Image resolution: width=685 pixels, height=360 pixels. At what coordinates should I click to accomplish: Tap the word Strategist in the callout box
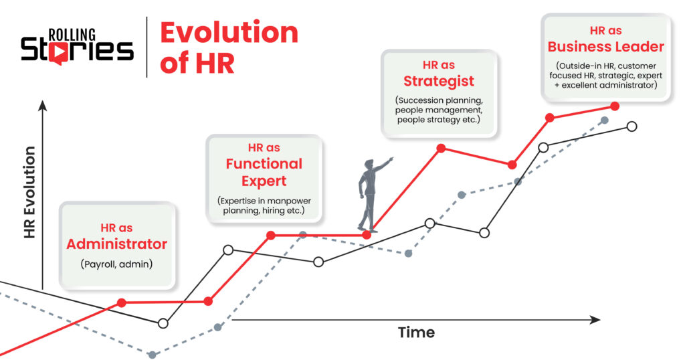tap(438, 81)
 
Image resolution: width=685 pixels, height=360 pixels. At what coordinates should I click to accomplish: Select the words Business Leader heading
tap(605, 47)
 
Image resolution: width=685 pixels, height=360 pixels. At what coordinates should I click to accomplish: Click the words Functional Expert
tap(264, 172)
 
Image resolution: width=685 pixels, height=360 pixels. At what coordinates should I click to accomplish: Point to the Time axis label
tap(416, 333)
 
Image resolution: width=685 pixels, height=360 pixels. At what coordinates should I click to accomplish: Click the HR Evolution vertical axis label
tap(29, 193)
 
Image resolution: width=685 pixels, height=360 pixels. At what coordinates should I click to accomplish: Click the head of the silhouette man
tap(369, 164)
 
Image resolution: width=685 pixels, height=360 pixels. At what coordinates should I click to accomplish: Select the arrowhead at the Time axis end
tap(595, 321)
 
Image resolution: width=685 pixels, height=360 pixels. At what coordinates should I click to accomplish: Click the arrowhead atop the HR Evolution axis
tap(42, 104)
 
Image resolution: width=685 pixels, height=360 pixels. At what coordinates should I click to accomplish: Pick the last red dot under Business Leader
tap(615, 106)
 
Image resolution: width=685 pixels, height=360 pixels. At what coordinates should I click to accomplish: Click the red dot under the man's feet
tap(367, 235)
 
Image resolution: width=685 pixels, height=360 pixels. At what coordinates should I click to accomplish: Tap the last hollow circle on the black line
tap(632, 126)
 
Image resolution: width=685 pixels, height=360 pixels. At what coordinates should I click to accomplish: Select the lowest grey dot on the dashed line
tap(153, 355)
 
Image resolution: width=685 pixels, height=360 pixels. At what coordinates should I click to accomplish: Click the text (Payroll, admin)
tap(117, 264)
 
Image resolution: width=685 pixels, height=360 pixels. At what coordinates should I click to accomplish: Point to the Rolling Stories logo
tap(77, 45)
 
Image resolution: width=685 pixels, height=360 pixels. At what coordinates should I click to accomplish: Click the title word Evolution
tap(229, 33)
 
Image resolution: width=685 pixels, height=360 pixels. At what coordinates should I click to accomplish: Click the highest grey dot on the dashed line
tap(604, 120)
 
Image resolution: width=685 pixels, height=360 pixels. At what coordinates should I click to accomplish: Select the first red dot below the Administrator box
tap(121, 302)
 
